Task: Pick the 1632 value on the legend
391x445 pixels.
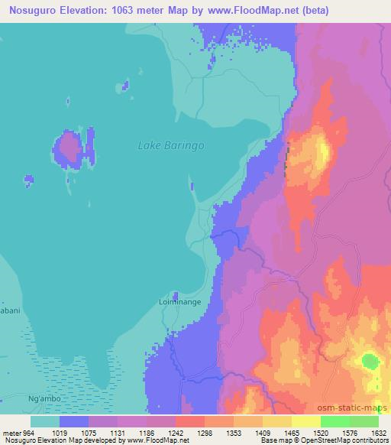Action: point(379,433)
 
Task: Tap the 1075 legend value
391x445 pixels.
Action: point(89,433)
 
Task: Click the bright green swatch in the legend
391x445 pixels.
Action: point(335,421)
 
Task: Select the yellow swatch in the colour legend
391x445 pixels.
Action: point(277,421)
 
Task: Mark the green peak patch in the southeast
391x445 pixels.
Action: point(370,360)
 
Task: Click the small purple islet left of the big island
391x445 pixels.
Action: point(29,180)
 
